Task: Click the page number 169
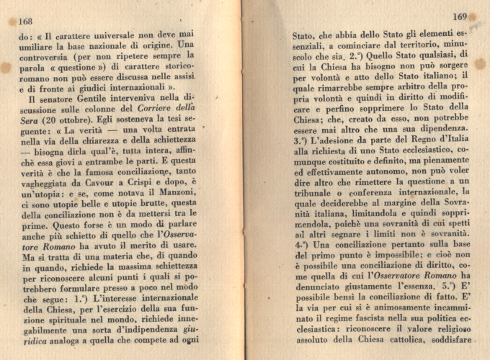pos(460,16)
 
